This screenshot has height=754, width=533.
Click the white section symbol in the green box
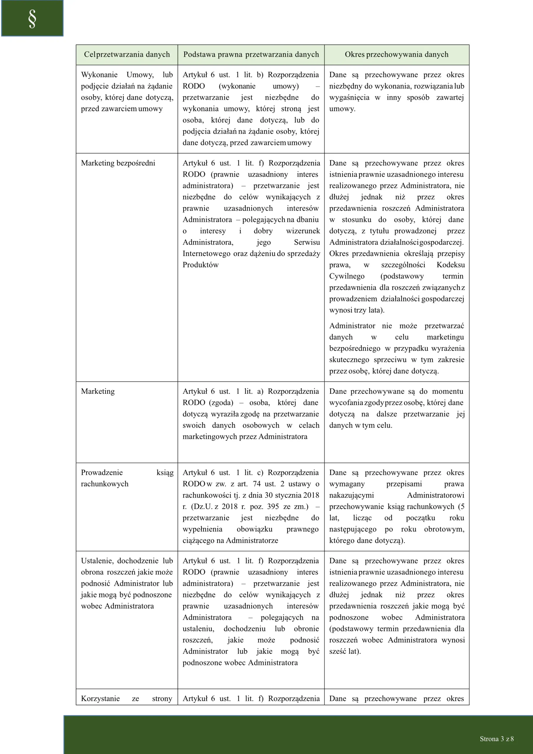click(32, 19)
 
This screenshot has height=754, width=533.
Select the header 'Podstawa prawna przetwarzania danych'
click(251, 54)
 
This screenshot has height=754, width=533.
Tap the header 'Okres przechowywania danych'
click(396, 54)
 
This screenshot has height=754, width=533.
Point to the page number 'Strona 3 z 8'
click(496, 739)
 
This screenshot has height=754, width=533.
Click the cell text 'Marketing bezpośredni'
click(118, 163)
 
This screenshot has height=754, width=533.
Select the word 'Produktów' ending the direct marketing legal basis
click(200, 265)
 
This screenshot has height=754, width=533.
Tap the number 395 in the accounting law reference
click(273, 507)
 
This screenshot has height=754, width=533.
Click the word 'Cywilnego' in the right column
click(347, 277)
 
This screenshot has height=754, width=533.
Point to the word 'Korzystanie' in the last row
click(100, 699)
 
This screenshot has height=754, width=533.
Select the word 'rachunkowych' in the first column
click(104, 484)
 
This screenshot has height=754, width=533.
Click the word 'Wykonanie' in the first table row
click(99, 75)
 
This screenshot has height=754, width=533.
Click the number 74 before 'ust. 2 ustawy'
click(257, 484)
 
